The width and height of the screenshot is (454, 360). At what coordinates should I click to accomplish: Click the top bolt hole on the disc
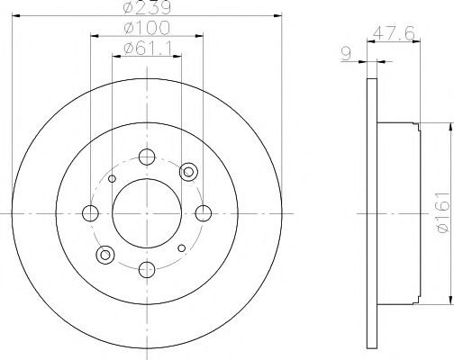pos(147,157)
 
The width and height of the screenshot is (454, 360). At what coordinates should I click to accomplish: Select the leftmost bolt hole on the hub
pos(90,213)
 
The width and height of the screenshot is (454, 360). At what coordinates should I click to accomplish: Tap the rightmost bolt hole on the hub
pos(204,213)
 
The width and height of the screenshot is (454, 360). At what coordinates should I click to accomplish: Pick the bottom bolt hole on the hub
pos(147,269)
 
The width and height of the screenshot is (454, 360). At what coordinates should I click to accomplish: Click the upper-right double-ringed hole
pos(189,171)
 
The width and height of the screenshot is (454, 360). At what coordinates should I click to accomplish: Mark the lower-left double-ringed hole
pos(104,255)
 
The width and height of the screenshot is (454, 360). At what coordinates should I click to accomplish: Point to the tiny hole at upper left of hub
pos(112,178)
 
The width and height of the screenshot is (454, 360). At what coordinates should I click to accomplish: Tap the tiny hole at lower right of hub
pos(182,247)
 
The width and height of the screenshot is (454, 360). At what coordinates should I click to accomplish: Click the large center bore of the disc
pos(147,213)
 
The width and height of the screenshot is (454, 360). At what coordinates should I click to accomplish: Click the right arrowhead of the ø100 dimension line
pos(199,38)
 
